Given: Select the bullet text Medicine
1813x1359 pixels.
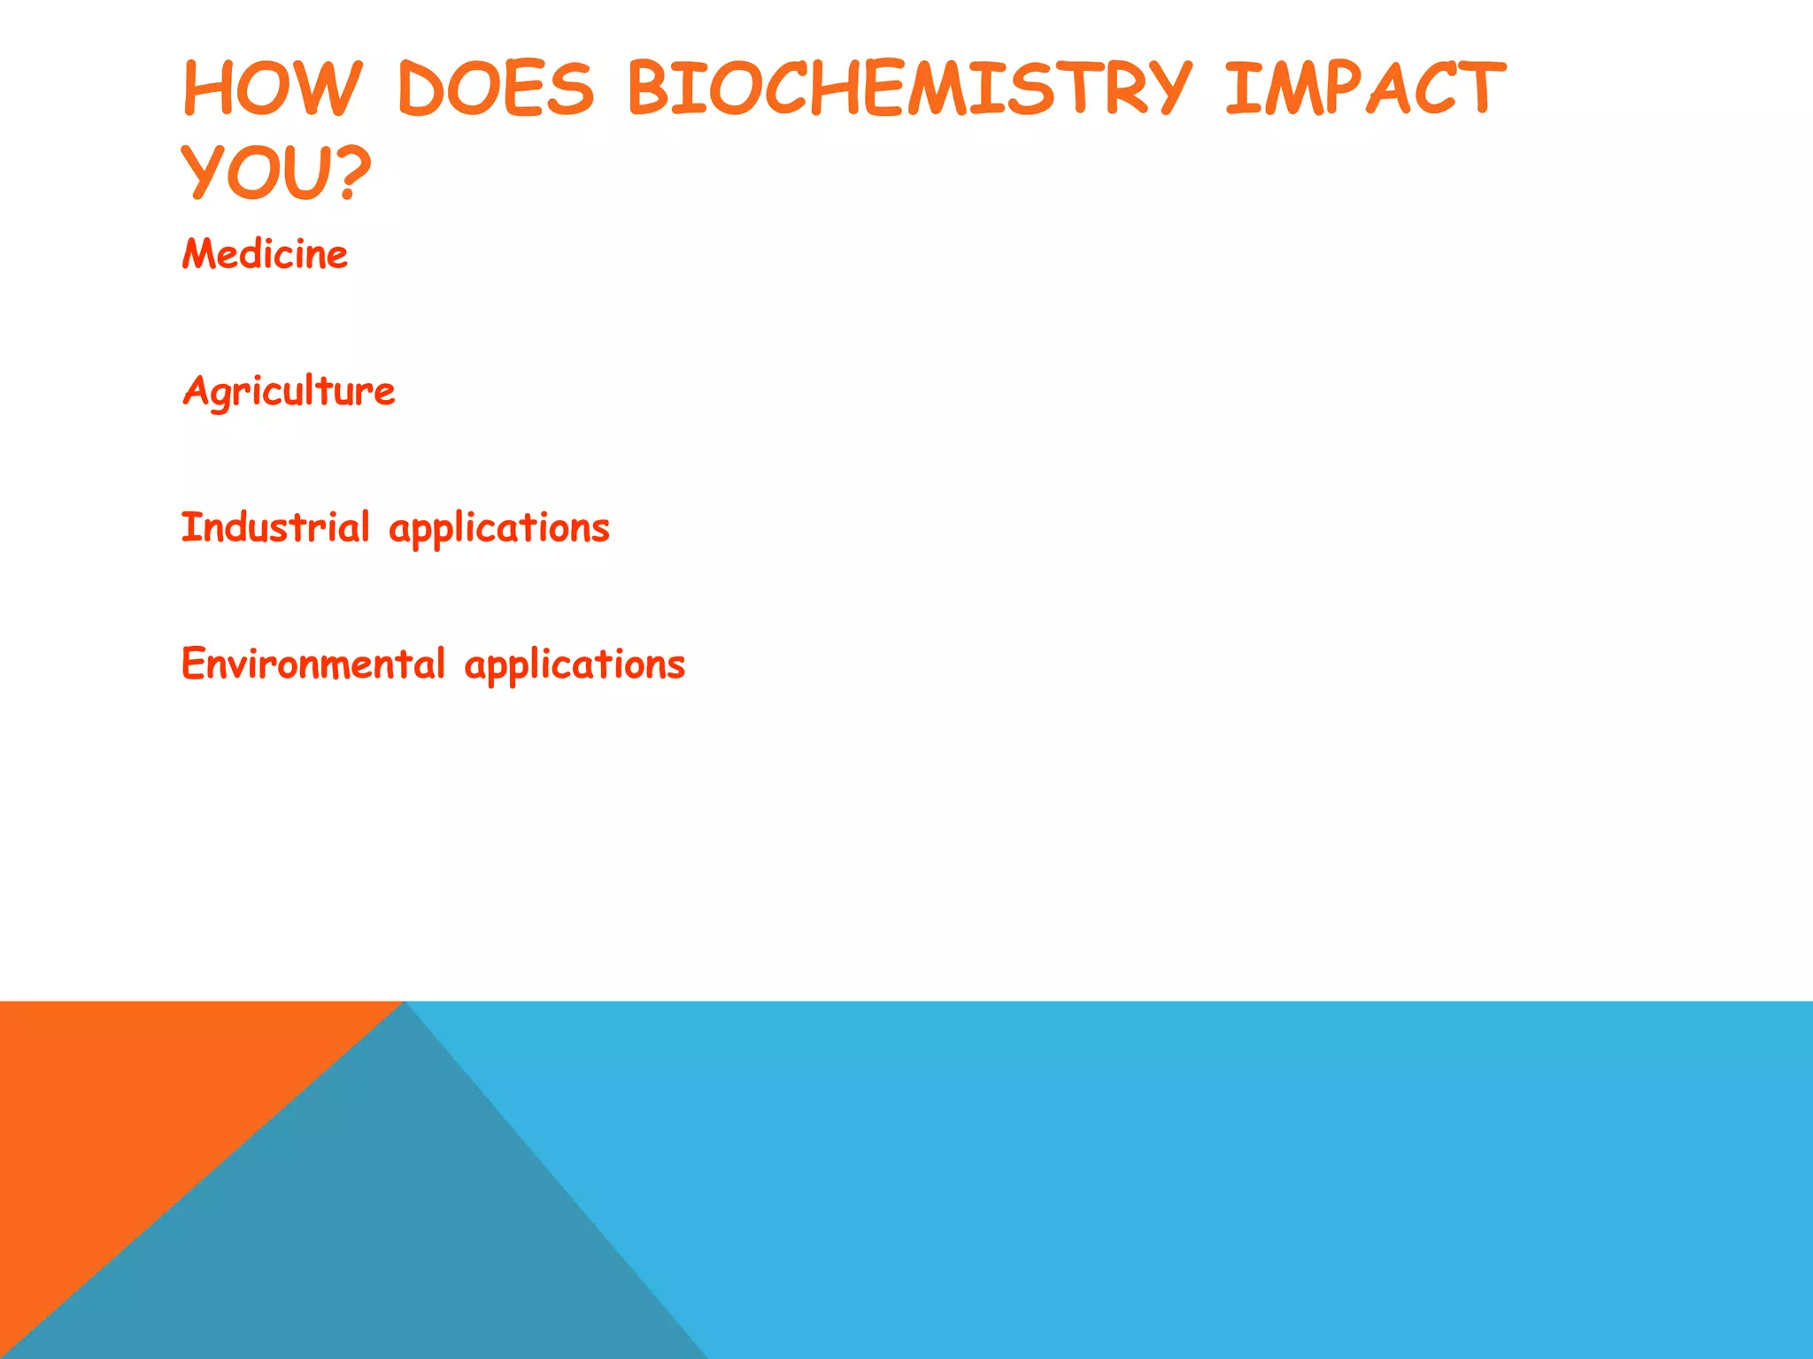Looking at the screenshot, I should click(265, 255).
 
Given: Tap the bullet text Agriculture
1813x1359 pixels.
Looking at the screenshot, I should click(289, 391).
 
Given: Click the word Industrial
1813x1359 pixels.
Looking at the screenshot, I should click(275, 527).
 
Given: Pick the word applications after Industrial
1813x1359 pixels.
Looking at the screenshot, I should click(499, 529).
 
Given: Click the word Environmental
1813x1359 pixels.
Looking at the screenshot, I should click(312, 664).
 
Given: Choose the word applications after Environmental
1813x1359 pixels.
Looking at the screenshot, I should click(575, 665).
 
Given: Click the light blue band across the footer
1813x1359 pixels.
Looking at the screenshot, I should click(1239, 1177).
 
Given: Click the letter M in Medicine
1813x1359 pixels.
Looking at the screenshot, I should click(198, 255).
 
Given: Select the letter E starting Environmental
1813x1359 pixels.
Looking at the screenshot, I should click(193, 664).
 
